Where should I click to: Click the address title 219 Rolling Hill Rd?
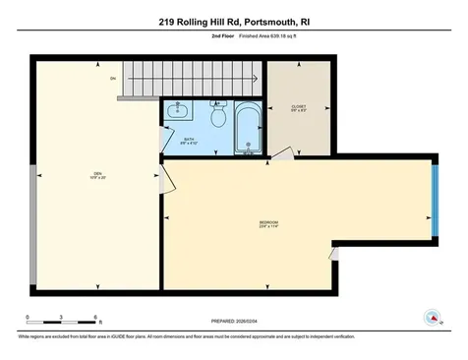coord(234,20)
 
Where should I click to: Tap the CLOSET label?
coord(300,107)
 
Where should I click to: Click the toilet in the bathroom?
coord(219,117)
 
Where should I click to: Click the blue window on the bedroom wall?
coord(437,201)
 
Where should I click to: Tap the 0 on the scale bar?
coord(28,318)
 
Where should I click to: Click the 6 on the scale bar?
coord(95,318)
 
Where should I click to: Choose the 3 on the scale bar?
coord(61,318)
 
